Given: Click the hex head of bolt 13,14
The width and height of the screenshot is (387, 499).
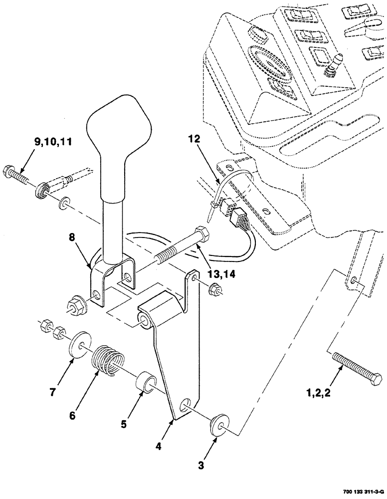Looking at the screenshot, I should click(x=201, y=234).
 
